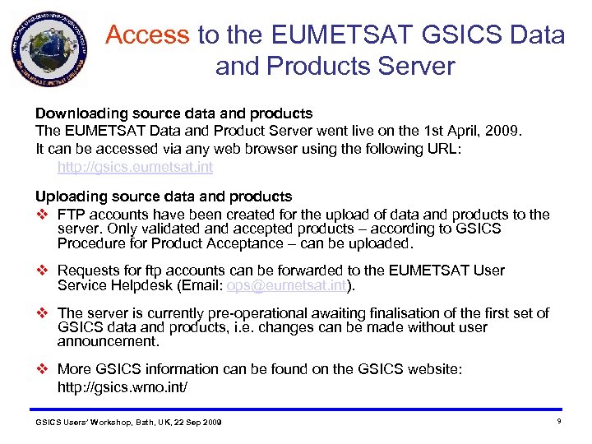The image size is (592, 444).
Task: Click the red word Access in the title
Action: pos(148,35)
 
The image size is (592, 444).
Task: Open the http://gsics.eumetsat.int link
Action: pos(135,167)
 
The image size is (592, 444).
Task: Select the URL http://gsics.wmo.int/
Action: pos(123,386)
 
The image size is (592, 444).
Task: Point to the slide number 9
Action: pos(558,421)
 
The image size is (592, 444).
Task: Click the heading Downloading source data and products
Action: pos(173,113)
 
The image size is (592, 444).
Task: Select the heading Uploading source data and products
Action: pos(164,197)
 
